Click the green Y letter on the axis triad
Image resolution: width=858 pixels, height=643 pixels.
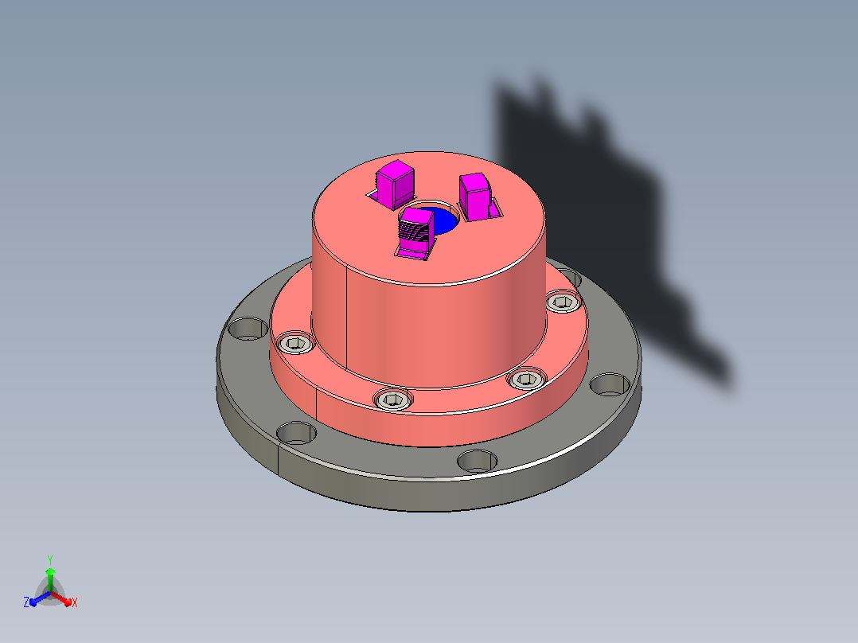(50, 560)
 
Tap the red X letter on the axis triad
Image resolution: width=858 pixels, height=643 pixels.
(75, 602)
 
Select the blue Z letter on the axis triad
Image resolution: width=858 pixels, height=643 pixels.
(26, 602)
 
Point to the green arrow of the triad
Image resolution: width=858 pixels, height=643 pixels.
(50, 579)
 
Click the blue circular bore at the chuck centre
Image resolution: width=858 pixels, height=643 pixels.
(444, 222)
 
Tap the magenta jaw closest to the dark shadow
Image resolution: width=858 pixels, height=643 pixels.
(475, 197)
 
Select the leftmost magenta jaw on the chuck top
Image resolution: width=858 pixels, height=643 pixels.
(395, 184)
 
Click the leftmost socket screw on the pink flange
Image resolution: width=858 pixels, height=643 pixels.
(295, 343)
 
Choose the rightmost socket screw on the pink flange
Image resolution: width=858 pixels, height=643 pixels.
(563, 302)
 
